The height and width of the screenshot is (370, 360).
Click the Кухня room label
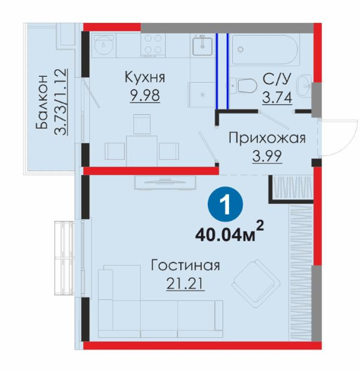[x=145, y=77]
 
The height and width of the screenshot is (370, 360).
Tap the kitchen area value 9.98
[x=145, y=95]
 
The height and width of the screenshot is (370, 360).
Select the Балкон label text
[x=42, y=102]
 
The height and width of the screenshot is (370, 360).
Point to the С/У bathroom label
[x=276, y=80]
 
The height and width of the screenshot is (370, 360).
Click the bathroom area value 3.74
[x=277, y=97]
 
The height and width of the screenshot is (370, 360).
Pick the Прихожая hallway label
[x=267, y=138]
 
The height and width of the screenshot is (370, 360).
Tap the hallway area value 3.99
[x=267, y=156]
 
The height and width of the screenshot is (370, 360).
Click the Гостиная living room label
[x=186, y=266]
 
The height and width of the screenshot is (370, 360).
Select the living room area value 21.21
[x=185, y=284]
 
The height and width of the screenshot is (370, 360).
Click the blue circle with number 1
[x=225, y=204]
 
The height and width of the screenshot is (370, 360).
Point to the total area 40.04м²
[x=229, y=233]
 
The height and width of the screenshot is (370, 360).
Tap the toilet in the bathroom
[x=244, y=85]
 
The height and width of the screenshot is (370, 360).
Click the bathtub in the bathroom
[x=266, y=49]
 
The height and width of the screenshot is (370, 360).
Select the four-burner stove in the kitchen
[x=153, y=46]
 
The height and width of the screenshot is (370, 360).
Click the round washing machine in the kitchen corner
[x=104, y=45]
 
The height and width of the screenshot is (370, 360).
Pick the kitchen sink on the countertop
[x=202, y=46]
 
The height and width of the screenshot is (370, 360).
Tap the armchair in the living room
[x=256, y=284]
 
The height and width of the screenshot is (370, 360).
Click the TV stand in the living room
[x=165, y=183]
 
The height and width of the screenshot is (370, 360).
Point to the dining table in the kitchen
[x=142, y=151]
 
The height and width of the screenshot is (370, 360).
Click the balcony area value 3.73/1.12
[x=60, y=102]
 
